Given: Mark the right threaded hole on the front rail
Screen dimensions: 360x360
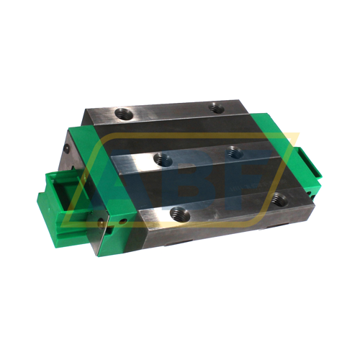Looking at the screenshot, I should coord(279,199).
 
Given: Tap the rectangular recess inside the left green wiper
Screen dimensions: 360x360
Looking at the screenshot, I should coord(60,198).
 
